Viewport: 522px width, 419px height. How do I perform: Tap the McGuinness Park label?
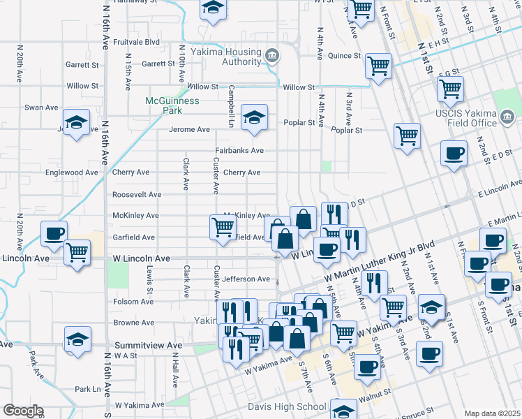(172, 105)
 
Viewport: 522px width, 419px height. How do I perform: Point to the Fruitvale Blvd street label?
(136, 42)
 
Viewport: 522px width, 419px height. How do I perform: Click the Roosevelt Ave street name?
(137, 195)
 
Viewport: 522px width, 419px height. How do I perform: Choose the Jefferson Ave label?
(245, 279)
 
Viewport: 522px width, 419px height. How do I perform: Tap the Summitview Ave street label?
(147, 345)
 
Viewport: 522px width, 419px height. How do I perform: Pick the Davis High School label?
(288, 407)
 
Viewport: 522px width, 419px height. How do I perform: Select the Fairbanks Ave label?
(239, 151)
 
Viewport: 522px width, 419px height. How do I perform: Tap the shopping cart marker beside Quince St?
(378, 66)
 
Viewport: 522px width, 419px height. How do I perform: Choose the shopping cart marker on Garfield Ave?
(223, 226)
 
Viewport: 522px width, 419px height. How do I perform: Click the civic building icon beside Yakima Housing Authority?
(272, 55)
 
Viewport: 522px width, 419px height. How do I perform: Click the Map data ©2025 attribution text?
(492, 413)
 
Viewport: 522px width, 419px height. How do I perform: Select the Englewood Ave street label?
(72, 172)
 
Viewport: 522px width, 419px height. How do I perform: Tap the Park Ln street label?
(88, 389)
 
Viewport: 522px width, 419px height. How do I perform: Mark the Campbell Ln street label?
(230, 102)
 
